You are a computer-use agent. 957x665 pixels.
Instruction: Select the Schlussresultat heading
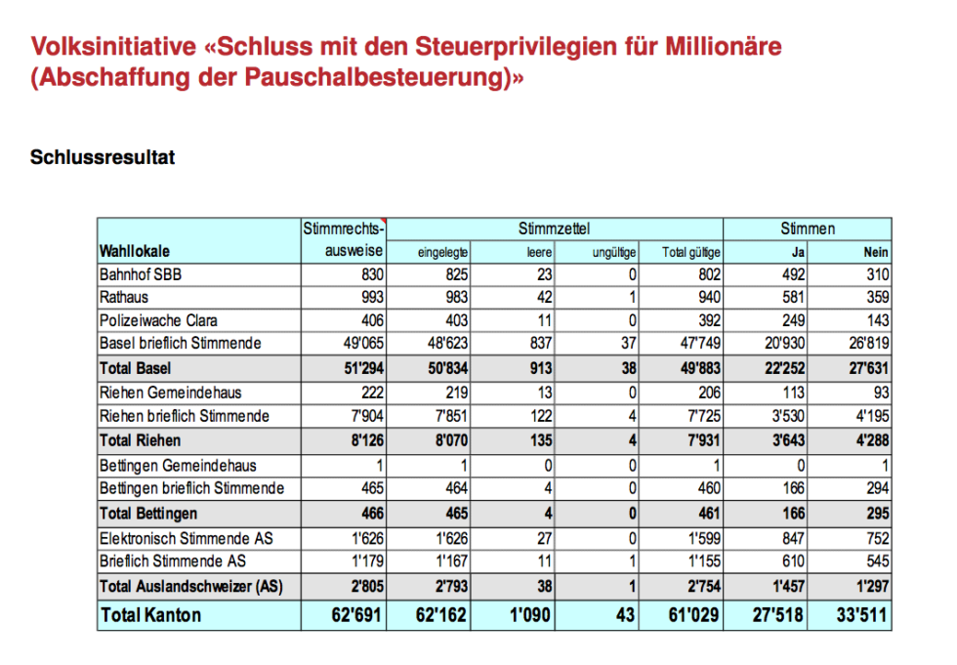pyautogui.click(x=103, y=157)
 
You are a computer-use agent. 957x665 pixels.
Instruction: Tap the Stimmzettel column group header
pyautogui.click(x=554, y=229)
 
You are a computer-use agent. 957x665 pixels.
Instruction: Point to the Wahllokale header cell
pyautogui.click(x=135, y=251)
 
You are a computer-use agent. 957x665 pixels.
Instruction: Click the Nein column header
pyautogui.click(x=875, y=252)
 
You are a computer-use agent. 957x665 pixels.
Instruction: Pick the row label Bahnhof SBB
pyautogui.click(x=141, y=274)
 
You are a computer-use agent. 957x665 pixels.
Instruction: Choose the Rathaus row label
pyautogui.click(x=124, y=297)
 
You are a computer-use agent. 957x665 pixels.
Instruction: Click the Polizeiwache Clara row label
pyautogui.click(x=158, y=320)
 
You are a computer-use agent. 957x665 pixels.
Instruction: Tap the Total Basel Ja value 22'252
pyautogui.click(x=781, y=368)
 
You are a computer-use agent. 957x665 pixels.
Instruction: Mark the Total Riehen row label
pyautogui.click(x=140, y=440)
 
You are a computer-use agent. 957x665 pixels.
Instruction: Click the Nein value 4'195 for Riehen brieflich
pyautogui.click(x=868, y=416)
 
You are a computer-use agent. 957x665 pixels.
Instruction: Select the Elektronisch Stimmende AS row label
pyautogui.click(x=186, y=537)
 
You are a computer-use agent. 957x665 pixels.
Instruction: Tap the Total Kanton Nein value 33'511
pyautogui.click(x=859, y=615)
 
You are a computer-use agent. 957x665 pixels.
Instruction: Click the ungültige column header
pyautogui.click(x=614, y=252)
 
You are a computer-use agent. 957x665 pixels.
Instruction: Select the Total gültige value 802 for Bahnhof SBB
pyautogui.click(x=707, y=274)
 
